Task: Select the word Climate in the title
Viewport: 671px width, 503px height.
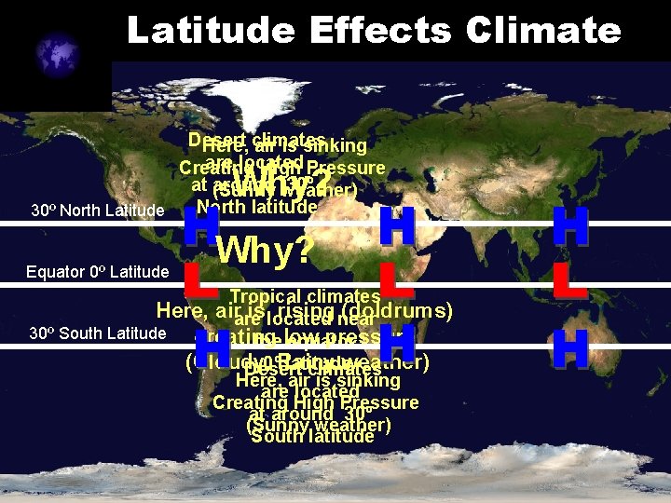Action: click(x=544, y=30)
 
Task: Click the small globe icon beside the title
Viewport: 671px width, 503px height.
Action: click(x=58, y=55)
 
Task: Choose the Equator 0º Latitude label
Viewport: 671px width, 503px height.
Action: click(x=98, y=272)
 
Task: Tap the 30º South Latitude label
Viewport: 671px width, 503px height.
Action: click(x=98, y=333)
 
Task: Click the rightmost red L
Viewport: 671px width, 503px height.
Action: click(x=569, y=279)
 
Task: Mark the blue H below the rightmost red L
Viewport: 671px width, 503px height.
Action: click(x=569, y=349)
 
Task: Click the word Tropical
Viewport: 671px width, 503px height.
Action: click(x=263, y=297)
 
